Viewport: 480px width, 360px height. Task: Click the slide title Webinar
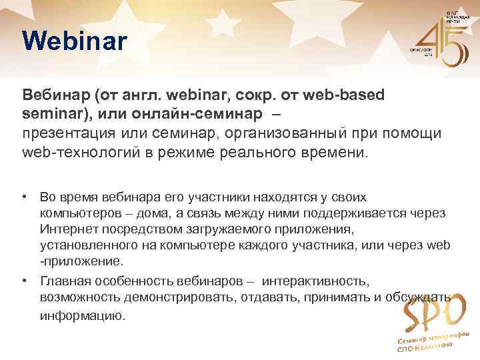(73, 41)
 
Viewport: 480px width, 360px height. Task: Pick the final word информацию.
(82, 316)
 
